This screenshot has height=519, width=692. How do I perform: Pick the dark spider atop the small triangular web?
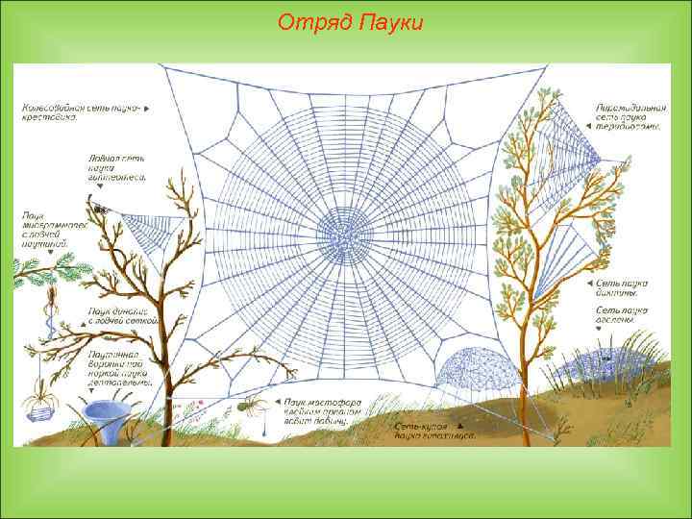(x=97, y=205)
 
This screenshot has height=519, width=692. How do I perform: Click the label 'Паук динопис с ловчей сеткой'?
(x=117, y=317)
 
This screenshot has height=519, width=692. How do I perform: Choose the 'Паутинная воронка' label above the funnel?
(x=119, y=367)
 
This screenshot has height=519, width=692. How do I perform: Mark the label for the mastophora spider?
(x=315, y=411)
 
